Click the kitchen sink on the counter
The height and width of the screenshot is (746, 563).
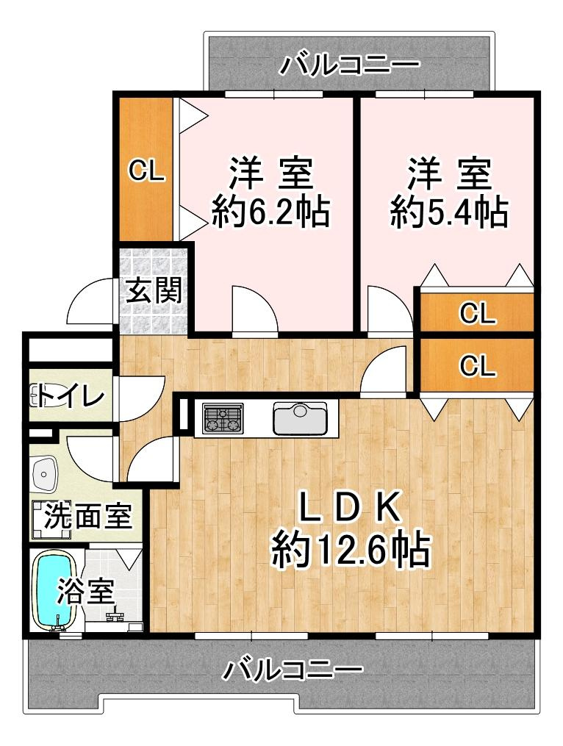click(x=301, y=418)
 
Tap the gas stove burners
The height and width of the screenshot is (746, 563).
click(x=223, y=418)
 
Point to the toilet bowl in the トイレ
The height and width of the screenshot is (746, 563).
click(x=40, y=397)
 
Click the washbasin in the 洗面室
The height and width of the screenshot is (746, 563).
click(x=44, y=474)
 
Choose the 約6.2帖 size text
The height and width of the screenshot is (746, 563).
click(x=270, y=212)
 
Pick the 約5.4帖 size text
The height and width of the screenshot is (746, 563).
click(x=449, y=212)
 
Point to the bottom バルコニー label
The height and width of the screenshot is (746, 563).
click(x=293, y=670)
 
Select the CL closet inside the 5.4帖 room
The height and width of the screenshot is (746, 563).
click(x=477, y=312)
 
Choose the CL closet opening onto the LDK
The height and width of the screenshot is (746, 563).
click(x=477, y=365)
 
